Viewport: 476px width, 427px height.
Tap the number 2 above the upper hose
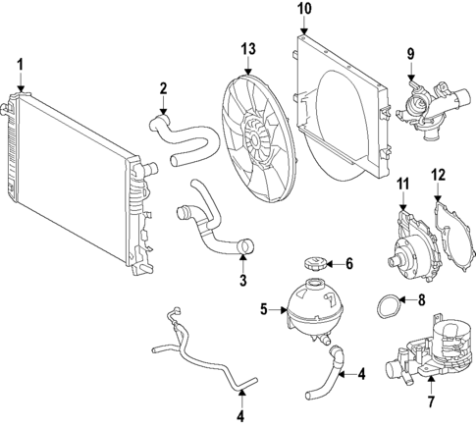coord(164,90)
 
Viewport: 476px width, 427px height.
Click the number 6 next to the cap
coord(349,263)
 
